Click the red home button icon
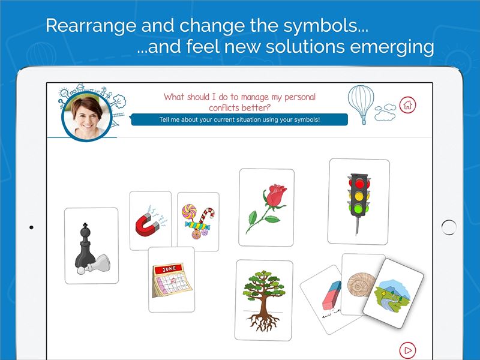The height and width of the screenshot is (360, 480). tap(407, 104)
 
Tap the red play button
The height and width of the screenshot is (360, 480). tap(407, 350)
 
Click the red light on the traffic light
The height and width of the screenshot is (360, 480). tap(359, 184)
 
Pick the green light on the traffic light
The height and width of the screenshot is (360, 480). tap(359, 209)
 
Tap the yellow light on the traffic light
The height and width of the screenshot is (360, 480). tap(359, 196)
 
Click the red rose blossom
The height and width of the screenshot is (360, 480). tap(275, 194)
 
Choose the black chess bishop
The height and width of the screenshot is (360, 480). tap(85, 248)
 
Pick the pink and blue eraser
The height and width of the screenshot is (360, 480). tap(332, 295)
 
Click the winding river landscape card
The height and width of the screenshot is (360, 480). tap(393, 293)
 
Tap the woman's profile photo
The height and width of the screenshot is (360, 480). tap(87, 116)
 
